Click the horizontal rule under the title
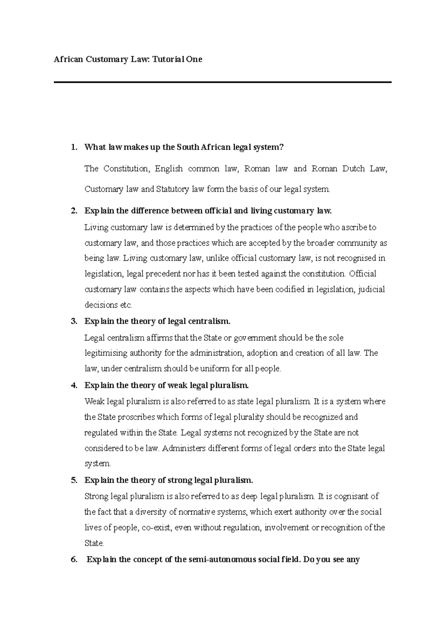tap(222, 82)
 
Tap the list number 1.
tap(74, 147)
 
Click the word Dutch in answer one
tap(353, 169)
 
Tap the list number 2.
tap(74, 211)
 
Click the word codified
tap(289, 289)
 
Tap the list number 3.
tap(74, 321)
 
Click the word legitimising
tap(106, 353)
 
